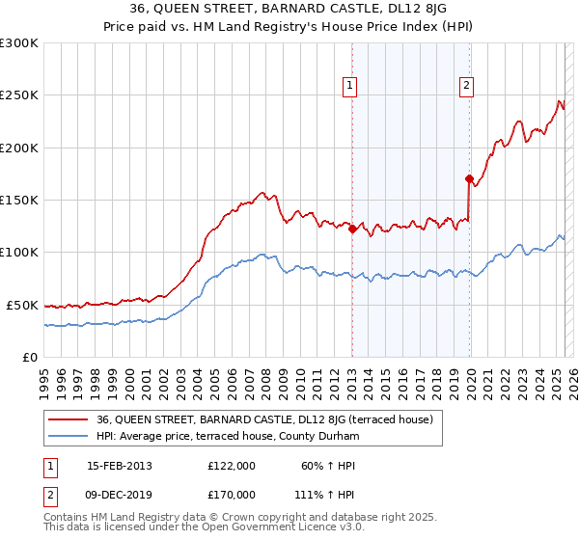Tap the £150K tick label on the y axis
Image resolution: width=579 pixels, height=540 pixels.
pyautogui.click(x=19, y=200)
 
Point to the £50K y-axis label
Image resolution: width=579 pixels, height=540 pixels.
pyautogui.click(x=22, y=305)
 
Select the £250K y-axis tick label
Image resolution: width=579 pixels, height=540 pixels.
pyautogui.click(x=19, y=95)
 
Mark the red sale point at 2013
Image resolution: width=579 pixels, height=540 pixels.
pyautogui.click(x=352, y=229)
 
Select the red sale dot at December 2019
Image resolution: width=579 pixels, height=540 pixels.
pyautogui.click(x=469, y=178)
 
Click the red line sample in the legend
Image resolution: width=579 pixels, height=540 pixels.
pyautogui.click(x=69, y=419)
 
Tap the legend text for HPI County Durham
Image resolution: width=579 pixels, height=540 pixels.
pyautogui.click(x=228, y=437)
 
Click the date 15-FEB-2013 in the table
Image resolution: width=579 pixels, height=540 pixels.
pyautogui.click(x=120, y=466)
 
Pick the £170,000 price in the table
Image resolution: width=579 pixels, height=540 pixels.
pyautogui.click(x=232, y=494)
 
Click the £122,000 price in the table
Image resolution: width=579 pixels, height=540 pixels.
pyautogui.click(x=232, y=466)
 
